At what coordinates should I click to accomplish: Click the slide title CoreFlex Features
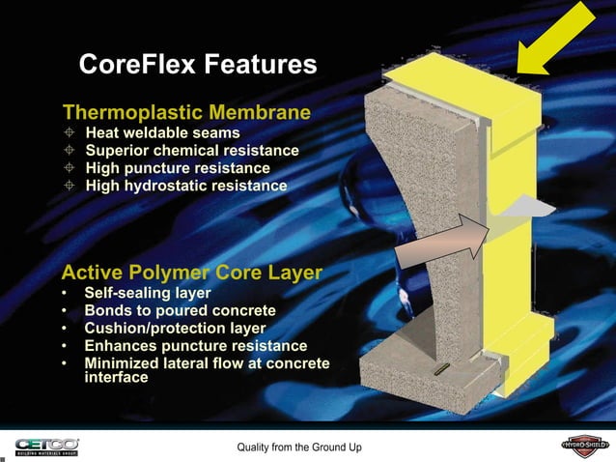click(197, 65)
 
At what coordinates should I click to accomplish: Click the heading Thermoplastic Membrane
click(186, 113)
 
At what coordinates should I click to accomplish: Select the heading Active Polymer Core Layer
click(191, 273)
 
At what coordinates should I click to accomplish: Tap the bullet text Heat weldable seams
click(162, 132)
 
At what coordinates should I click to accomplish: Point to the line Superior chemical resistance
click(192, 150)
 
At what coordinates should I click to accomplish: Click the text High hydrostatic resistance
click(185, 185)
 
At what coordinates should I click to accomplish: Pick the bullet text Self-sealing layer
click(148, 293)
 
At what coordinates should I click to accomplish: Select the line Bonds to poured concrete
click(180, 310)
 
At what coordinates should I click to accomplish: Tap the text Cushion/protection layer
click(175, 328)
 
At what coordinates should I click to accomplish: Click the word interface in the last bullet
click(116, 378)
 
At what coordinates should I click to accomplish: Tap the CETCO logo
click(46, 446)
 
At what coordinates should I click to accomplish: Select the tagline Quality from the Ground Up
click(299, 447)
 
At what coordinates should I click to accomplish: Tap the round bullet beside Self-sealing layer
click(65, 293)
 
